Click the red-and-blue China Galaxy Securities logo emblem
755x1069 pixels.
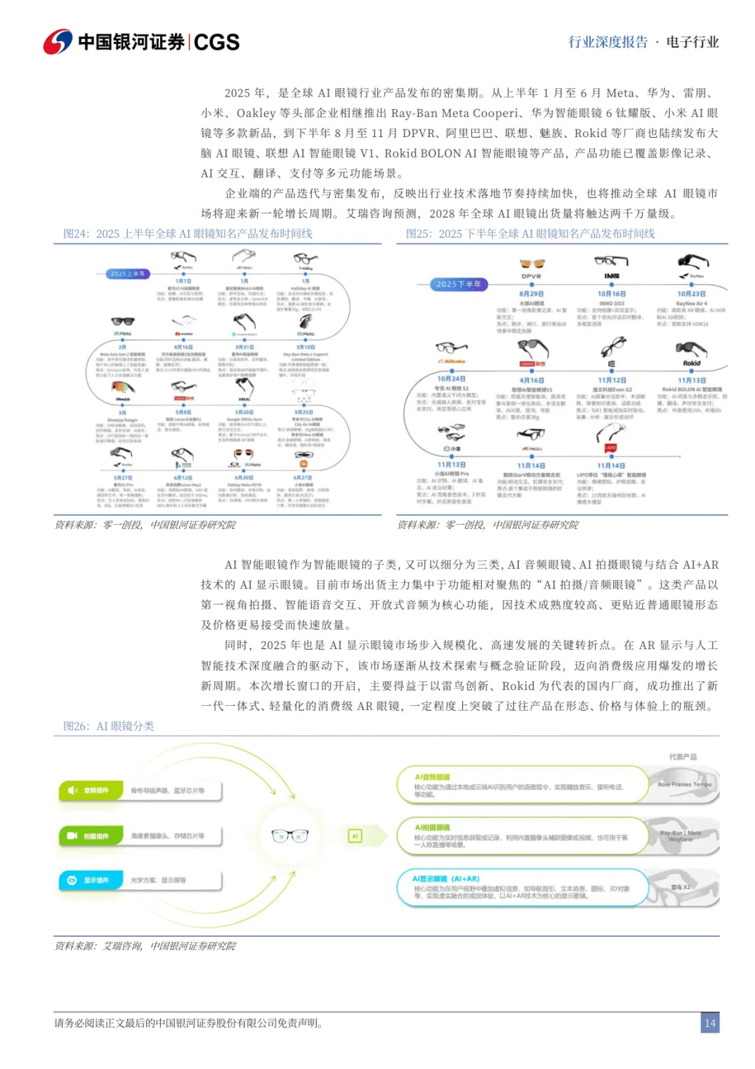pos(57,42)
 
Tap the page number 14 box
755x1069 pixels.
pos(710,1023)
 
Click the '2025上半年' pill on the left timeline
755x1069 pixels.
pos(128,274)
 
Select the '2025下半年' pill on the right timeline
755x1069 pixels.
pos(459,284)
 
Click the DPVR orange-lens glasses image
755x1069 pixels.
pos(532,264)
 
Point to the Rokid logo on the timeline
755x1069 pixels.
pos(691,363)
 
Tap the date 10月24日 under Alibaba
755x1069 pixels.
pos(451,378)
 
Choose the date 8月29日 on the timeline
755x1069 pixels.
pos(531,294)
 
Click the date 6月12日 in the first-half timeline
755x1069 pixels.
pos(183,478)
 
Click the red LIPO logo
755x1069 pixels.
pos(610,448)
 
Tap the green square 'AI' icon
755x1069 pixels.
pos(355,835)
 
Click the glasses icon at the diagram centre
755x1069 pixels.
pos(289,835)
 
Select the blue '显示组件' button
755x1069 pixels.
pos(90,880)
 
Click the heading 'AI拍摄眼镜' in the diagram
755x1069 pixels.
pos(432,827)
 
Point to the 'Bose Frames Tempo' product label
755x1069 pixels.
pos(684,784)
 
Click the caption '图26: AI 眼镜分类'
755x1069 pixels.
pos(108,726)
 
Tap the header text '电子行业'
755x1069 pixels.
pos(692,42)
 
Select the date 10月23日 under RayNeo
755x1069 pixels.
pos(691,294)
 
